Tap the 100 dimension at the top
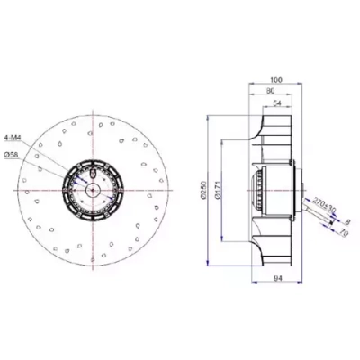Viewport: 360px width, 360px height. (276, 80)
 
